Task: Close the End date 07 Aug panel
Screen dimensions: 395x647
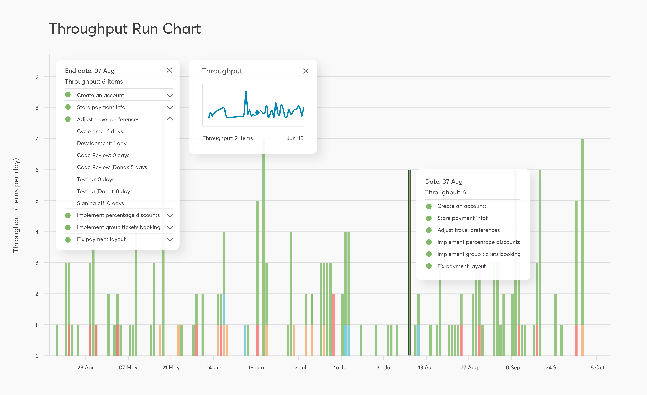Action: point(169,70)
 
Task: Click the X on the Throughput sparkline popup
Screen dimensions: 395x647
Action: point(305,71)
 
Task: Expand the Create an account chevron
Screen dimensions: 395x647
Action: point(170,95)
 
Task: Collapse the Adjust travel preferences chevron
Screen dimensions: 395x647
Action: point(170,119)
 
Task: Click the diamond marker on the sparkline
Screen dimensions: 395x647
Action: point(257,113)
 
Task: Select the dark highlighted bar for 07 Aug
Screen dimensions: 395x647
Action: point(409,263)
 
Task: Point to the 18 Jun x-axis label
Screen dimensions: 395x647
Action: point(256,367)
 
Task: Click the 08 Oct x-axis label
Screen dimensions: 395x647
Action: point(595,367)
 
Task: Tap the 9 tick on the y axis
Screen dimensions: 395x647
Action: point(37,77)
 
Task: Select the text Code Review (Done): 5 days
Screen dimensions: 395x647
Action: point(112,167)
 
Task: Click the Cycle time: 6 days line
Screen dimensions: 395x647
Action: point(100,131)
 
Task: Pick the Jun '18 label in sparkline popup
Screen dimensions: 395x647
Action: point(295,138)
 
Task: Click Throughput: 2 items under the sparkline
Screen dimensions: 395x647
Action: point(227,138)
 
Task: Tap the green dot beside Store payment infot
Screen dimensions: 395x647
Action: point(429,218)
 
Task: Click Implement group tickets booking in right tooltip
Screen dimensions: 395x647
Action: point(479,254)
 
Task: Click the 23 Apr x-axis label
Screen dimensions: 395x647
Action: point(86,367)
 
